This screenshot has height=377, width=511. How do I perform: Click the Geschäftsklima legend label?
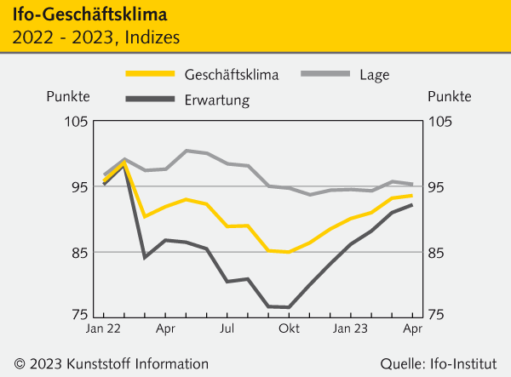231,75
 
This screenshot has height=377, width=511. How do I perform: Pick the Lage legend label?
375,75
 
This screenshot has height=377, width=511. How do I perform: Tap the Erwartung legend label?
216,100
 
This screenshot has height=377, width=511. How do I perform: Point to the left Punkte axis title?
67,98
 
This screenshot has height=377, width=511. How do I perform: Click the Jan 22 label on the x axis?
102,328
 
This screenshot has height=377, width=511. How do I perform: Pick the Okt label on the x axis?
289,328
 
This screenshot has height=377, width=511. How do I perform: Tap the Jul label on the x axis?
227,328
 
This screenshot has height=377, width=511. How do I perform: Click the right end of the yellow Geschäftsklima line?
413,196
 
